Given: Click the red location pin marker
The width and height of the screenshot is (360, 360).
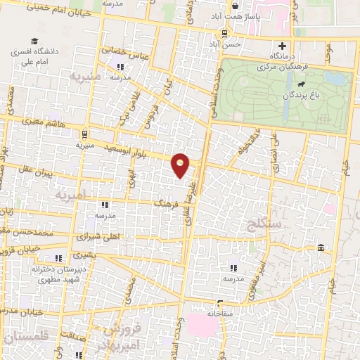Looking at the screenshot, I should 181,165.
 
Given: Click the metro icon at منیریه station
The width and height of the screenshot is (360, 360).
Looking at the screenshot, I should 84,133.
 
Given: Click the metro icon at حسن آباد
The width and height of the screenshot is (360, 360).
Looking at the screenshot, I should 225,33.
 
